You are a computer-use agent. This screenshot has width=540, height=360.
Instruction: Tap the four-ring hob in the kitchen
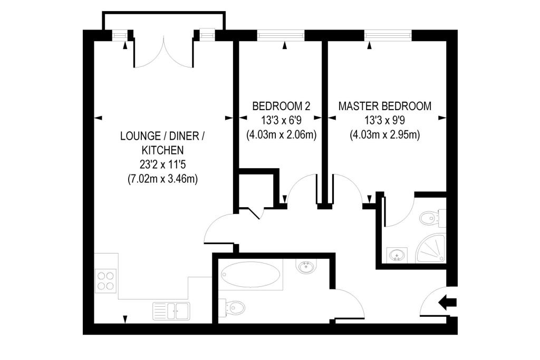tap(105, 280)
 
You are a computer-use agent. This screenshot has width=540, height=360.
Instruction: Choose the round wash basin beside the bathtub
tap(306, 266)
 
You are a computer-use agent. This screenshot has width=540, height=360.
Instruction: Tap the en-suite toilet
tap(432, 218)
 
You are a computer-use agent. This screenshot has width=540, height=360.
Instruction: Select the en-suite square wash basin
tap(397, 255)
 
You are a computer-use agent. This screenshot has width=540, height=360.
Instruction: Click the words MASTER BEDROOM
tap(384, 106)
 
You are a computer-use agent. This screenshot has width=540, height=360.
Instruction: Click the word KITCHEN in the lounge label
tap(163, 150)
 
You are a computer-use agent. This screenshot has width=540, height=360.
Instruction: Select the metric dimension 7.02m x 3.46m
tap(162, 179)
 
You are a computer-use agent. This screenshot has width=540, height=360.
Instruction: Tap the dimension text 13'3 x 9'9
tap(384, 121)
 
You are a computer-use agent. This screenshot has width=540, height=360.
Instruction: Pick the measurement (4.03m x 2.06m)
tap(282, 134)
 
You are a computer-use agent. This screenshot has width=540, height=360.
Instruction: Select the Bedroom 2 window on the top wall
tap(281, 35)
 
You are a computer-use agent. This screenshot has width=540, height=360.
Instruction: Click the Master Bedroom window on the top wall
tap(388, 35)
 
